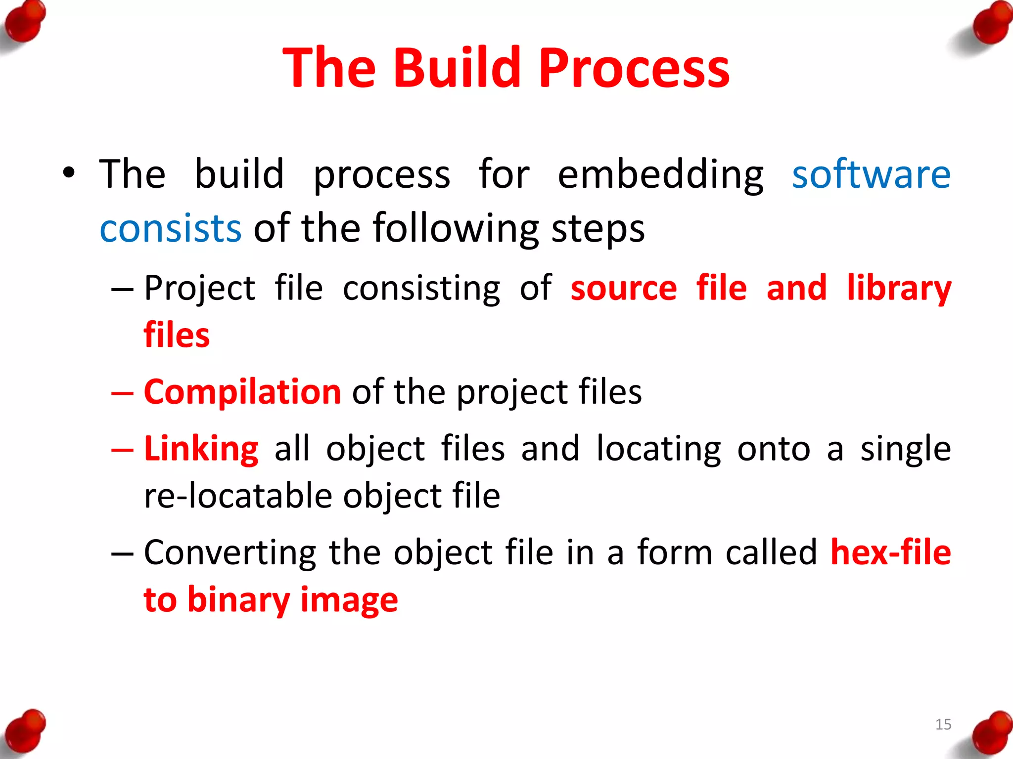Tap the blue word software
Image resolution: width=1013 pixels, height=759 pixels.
(871, 174)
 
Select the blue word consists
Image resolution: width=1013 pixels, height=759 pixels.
(170, 228)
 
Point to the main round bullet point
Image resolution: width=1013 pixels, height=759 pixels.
(69, 173)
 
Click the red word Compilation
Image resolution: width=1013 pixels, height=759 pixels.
(242, 392)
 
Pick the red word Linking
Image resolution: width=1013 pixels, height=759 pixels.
(201, 449)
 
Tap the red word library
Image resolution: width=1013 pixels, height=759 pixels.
(898, 288)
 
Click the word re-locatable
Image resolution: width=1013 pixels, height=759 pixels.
(238, 496)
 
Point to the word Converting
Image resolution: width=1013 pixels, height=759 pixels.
(230, 552)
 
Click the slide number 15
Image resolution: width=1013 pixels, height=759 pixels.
(943, 724)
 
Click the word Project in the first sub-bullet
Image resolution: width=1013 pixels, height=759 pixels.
(199, 288)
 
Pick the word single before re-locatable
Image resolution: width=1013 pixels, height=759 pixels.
(905, 449)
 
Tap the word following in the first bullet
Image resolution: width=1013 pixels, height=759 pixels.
(455, 228)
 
